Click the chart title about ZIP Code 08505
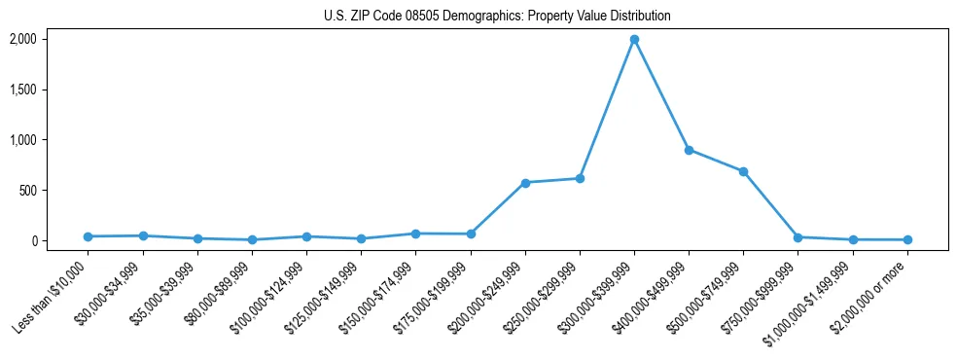[497, 17]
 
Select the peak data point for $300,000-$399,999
[634, 40]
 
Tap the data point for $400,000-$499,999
[689, 150]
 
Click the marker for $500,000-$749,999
[743, 171]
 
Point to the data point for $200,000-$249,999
[525, 183]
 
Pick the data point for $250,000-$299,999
[580, 178]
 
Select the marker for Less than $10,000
[89, 236]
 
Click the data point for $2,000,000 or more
[907, 239]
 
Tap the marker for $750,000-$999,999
[797, 237]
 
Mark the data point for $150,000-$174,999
[415, 234]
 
